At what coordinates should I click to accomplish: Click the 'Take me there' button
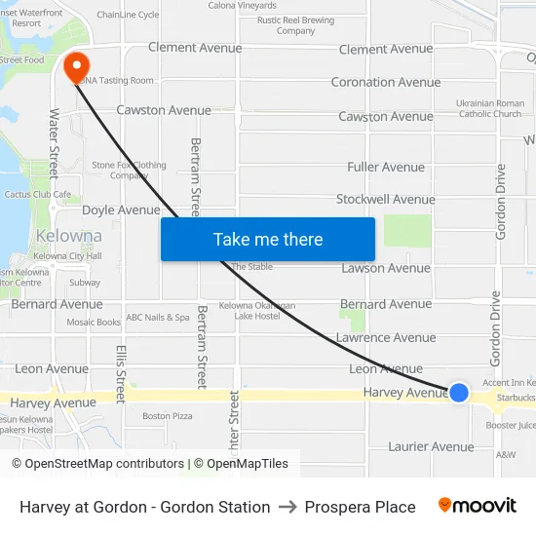point(268,239)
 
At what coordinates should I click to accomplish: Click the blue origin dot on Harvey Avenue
point(459,392)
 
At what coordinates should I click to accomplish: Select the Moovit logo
point(478,506)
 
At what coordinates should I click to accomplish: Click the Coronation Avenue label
point(386,83)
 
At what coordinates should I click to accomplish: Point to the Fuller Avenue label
point(386,168)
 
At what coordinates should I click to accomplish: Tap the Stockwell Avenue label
point(386,200)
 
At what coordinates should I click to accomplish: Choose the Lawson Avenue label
point(386,268)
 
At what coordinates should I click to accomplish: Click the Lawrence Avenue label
point(386,338)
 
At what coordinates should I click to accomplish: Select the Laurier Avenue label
point(430,447)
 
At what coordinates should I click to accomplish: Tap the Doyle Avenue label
point(121,211)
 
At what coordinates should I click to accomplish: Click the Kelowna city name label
point(68,236)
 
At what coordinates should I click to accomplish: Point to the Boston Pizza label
point(168,416)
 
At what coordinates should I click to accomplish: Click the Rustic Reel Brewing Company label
point(295,25)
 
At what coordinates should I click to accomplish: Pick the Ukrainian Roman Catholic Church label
point(490,108)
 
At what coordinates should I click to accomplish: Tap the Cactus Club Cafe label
point(38,195)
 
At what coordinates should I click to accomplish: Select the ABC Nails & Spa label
point(158,318)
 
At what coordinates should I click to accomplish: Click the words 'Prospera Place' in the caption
point(360,507)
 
